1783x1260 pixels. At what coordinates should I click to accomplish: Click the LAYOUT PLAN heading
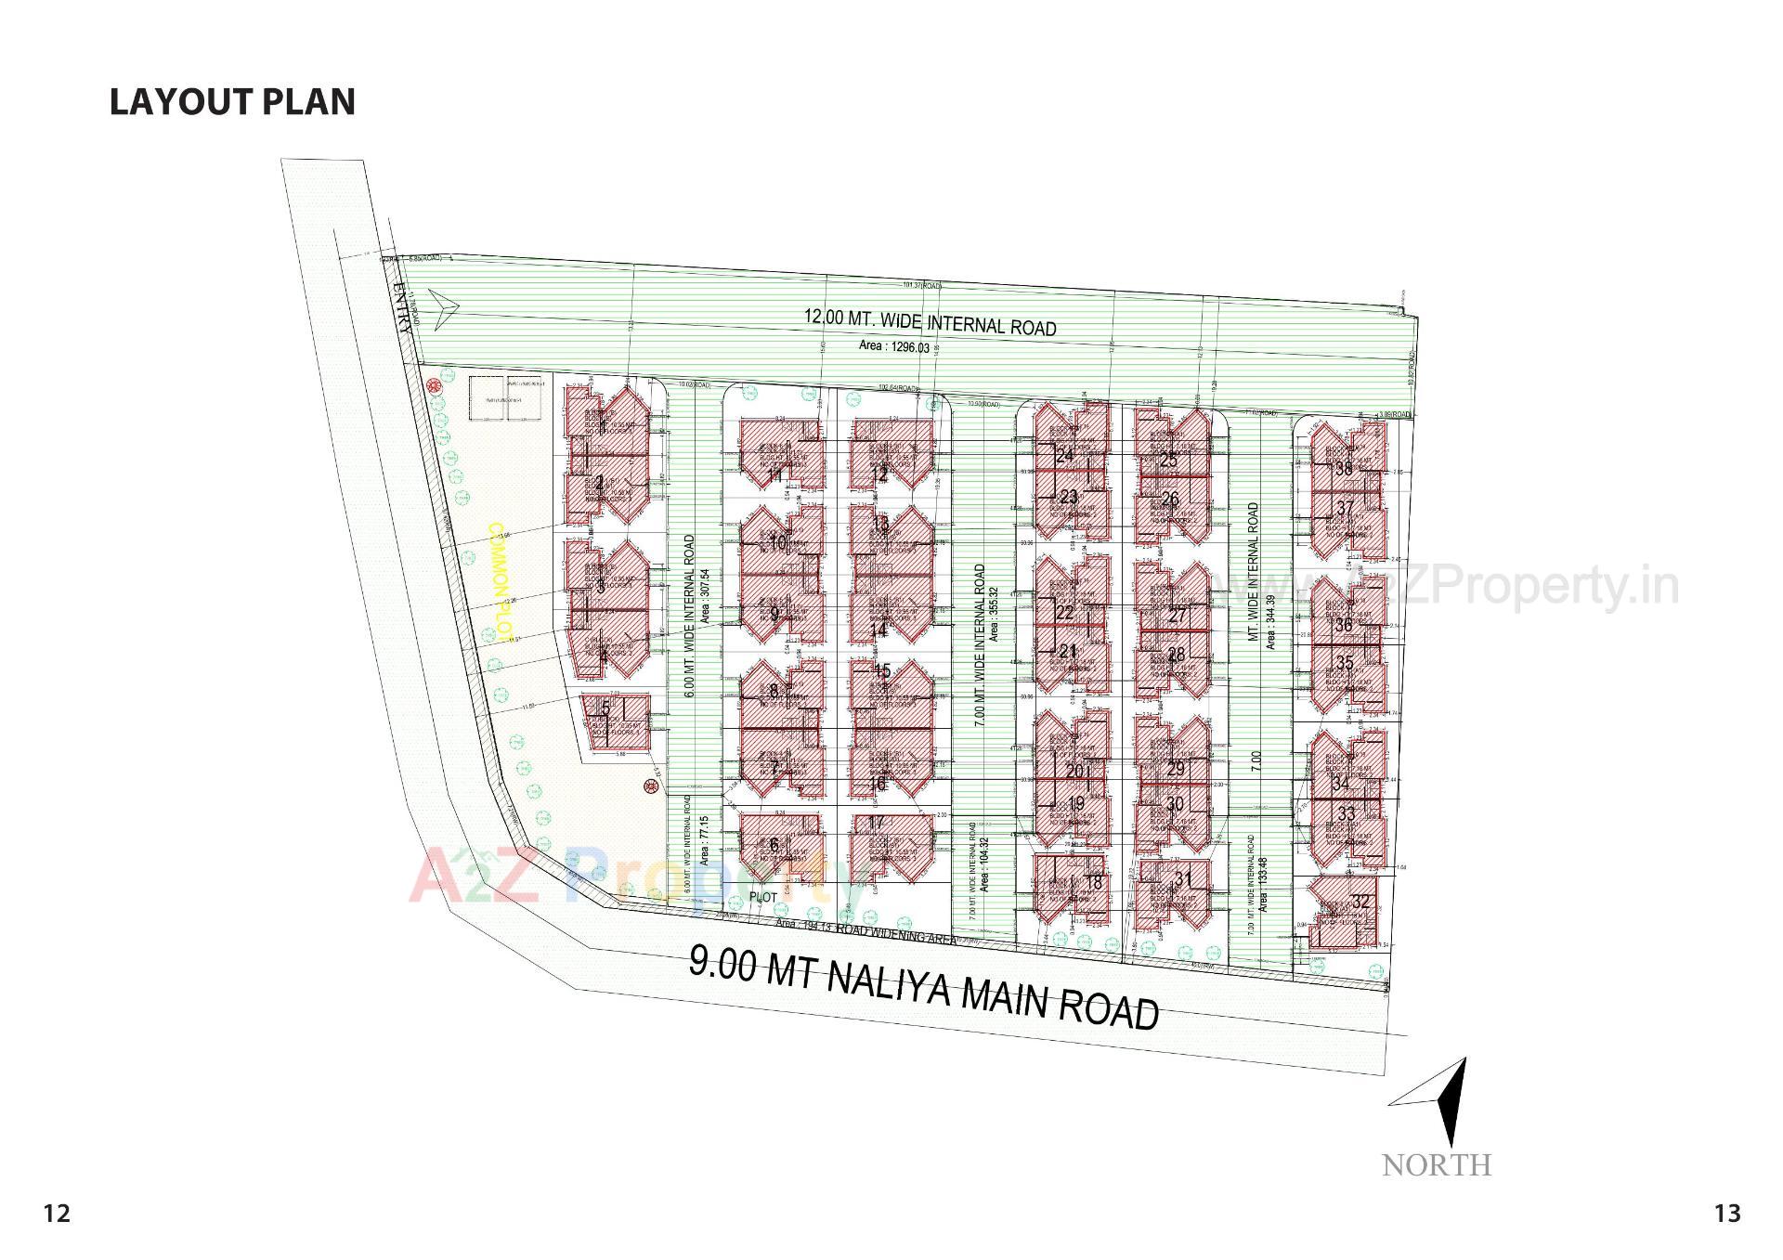tap(232, 102)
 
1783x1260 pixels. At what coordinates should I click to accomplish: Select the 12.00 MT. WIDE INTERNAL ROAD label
tap(930, 322)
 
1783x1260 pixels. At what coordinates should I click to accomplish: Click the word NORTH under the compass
tap(1436, 1165)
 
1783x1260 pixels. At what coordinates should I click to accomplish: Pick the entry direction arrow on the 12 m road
tap(441, 307)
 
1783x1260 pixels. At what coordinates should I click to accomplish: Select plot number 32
tap(1360, 902)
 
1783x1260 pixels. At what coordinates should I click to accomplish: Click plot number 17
tap(876, 823)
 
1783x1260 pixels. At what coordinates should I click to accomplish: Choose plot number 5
tap(605, 709)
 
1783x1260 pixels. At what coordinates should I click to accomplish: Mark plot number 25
tap(1168, 461)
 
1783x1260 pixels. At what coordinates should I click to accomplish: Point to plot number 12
tap(879, 475)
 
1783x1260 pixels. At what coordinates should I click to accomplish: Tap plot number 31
tap(1182, 878)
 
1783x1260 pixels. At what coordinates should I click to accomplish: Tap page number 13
tap(1727, 1214)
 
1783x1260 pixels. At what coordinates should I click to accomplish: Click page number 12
tap(57, 1214)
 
